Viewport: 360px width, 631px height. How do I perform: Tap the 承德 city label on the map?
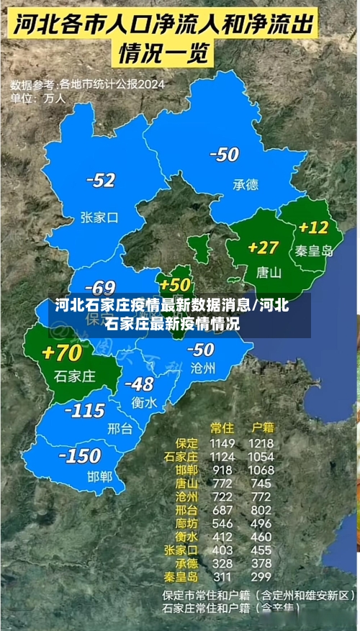tap(245, 185)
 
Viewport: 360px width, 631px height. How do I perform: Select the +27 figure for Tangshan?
tap(263, 248)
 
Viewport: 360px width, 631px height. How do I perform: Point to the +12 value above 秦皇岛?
tap(313, 227)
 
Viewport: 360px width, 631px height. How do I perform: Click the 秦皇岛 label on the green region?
tap(315, 251)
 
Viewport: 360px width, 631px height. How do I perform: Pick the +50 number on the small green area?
tap(176, 285)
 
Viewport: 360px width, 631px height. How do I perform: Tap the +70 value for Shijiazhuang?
tap(62, 353)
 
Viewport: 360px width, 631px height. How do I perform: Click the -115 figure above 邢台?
tap(84, 411)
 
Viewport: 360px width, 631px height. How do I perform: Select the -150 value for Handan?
tap(79, 455)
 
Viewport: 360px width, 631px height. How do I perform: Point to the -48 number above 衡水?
tap(139, 383)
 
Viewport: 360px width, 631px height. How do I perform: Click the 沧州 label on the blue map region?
tap(202, 368)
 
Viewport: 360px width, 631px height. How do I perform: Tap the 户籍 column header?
tap(260, 427)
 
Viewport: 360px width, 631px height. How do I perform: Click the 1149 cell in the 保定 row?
tap(222, 443)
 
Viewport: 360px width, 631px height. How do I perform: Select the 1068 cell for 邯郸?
tap(261, 470)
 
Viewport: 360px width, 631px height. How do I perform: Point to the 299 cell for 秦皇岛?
tap(261, 576)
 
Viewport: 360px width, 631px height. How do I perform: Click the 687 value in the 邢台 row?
tap(222, 509)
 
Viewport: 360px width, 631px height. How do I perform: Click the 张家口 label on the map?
tap(99, 217)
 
